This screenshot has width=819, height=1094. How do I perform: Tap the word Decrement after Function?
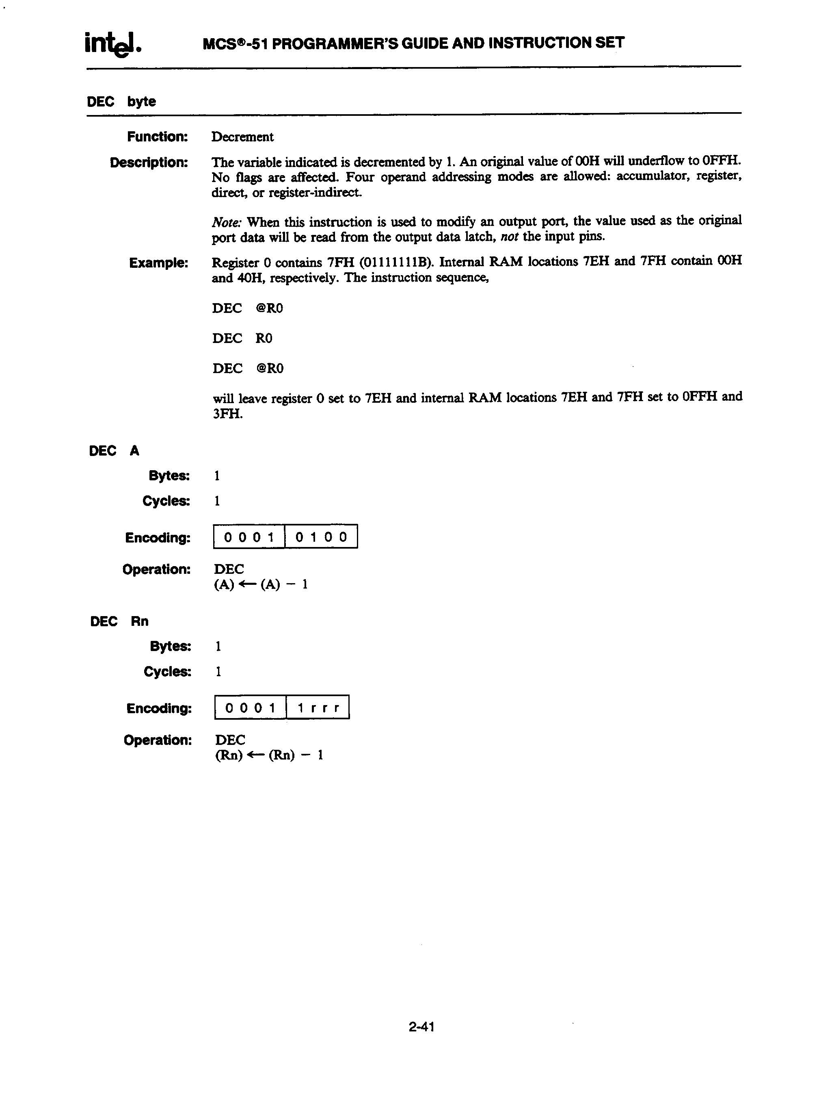click(x=242, y=137)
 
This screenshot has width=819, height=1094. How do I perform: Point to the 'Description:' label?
click(x=149, y=162)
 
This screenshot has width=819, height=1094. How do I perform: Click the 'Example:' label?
click(x=159, y=263)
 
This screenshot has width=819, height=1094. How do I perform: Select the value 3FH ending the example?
click(x=227, y=413)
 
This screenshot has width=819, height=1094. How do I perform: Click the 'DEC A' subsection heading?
click(x=114, y=451)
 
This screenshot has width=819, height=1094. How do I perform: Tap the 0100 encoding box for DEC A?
click(x=321, y=536)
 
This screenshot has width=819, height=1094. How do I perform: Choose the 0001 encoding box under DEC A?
click(x=249, y=536)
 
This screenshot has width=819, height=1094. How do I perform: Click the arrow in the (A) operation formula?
click(x=247, y=584)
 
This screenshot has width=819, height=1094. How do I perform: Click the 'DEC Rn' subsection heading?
click(x=119, y=621)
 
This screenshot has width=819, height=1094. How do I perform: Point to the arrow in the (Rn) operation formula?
click(x=255, y=755)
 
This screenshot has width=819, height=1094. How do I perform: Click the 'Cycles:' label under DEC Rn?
click(x=167, y=672)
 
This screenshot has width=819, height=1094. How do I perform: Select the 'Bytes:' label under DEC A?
click(x=169, y=476)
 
